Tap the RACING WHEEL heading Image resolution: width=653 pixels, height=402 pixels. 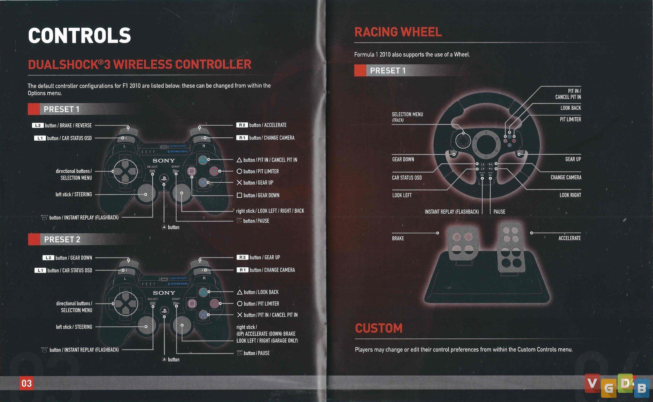(x=398, y=32)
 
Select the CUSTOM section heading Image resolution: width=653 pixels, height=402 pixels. (x=379, y=328)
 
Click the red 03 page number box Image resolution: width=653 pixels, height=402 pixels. (x=26, y=383)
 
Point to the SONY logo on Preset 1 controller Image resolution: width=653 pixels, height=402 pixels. (x=164, y=161)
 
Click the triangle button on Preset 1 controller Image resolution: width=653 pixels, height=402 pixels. (x=203, y=160)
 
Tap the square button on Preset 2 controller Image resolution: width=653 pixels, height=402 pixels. (x=192, y=303)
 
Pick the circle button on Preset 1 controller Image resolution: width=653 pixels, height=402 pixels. (x=214, y=171)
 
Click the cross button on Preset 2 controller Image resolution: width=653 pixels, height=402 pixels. (x=203, y=315)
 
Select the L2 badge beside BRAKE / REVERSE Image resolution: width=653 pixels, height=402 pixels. (x=38, y=125)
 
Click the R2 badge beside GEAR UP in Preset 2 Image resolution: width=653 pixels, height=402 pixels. (x=242, y=257)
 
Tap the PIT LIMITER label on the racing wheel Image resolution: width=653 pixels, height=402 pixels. (x=570, y=119)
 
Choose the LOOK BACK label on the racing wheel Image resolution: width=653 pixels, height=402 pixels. (x=571, y=108)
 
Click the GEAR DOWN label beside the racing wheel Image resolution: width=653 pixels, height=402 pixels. (x=403, y=159)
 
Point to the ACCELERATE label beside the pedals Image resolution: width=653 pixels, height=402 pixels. (x=569, y=238)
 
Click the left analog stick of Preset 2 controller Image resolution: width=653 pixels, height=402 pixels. (x=146, y=326)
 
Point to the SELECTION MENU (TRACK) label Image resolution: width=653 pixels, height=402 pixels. (x=407, y=117)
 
